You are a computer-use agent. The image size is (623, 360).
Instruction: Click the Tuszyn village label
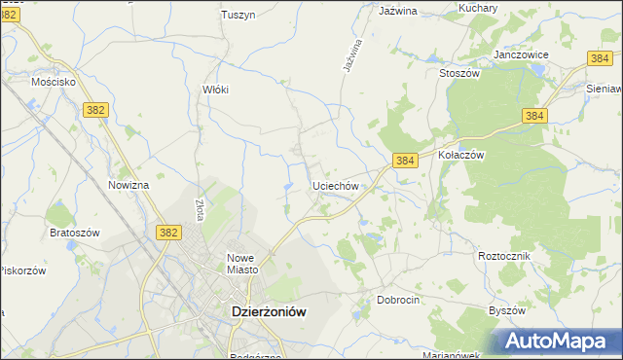[237, 15]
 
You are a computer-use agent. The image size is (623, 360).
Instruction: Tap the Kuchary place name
[478, 8]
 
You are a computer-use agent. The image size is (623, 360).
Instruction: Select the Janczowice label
[522, 55]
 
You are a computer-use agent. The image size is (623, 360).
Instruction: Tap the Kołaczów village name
[461, 155]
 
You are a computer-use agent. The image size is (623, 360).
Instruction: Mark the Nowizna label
[128, 185]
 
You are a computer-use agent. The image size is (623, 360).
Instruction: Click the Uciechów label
[337, 185]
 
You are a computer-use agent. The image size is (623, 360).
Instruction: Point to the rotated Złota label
[200, 210]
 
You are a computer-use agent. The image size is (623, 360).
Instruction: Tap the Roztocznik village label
[503, 255]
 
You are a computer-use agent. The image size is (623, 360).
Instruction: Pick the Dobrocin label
[398, 301]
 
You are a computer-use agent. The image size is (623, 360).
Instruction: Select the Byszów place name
[506, 310]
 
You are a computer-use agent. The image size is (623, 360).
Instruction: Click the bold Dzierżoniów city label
[268, 312]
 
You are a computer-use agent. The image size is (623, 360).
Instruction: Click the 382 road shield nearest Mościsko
[94, 111]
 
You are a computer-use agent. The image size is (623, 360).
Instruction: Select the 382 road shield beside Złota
[167, 232]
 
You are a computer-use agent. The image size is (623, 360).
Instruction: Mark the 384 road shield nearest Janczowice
[601, 59]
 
